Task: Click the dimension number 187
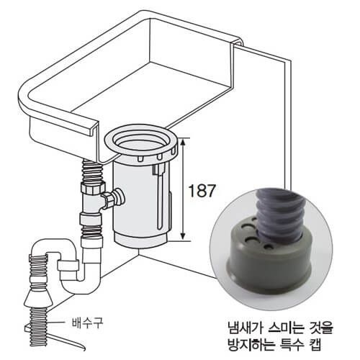pos(202,191)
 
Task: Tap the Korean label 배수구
pos(87,323)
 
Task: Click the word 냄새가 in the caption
pos(245,328)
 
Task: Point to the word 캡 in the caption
pos(315,345)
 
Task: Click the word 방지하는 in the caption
pos(251,345)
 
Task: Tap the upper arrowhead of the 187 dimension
pos(183,142)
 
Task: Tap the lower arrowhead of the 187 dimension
pos(183,235)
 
